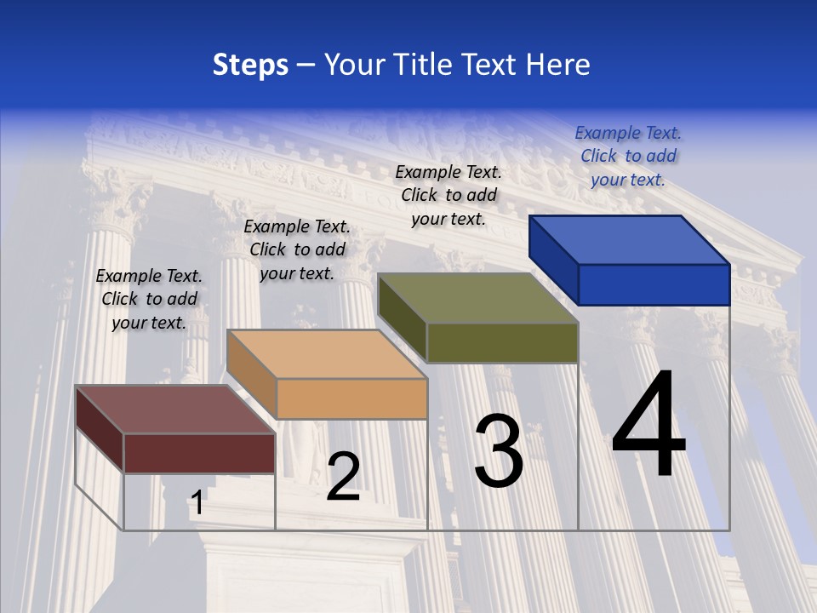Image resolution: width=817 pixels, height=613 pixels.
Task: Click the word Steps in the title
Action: (x=250, y=65)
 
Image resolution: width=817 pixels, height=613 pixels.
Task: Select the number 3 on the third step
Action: (x=498, y=451)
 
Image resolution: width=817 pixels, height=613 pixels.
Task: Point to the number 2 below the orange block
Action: (x=343, y=477)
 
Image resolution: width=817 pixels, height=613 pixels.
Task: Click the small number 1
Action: (x=197, y=503)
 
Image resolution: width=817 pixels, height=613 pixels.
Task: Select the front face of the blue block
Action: (x=654, y=284)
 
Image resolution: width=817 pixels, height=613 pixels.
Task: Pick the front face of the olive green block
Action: (x=502, y=342)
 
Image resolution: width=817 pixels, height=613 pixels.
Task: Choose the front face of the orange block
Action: (x=351, y=398)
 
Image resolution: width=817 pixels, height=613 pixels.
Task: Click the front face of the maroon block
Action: (x=199, y=453)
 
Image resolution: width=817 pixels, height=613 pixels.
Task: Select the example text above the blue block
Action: (x=628, y=156)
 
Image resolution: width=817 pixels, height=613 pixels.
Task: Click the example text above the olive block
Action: (x=448, y=195)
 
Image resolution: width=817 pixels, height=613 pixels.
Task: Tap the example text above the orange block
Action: (x=297, y=249)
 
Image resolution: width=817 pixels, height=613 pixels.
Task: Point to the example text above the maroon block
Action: (x=149, y=299)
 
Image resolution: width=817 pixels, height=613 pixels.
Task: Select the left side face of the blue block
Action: (x=553, y=260)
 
